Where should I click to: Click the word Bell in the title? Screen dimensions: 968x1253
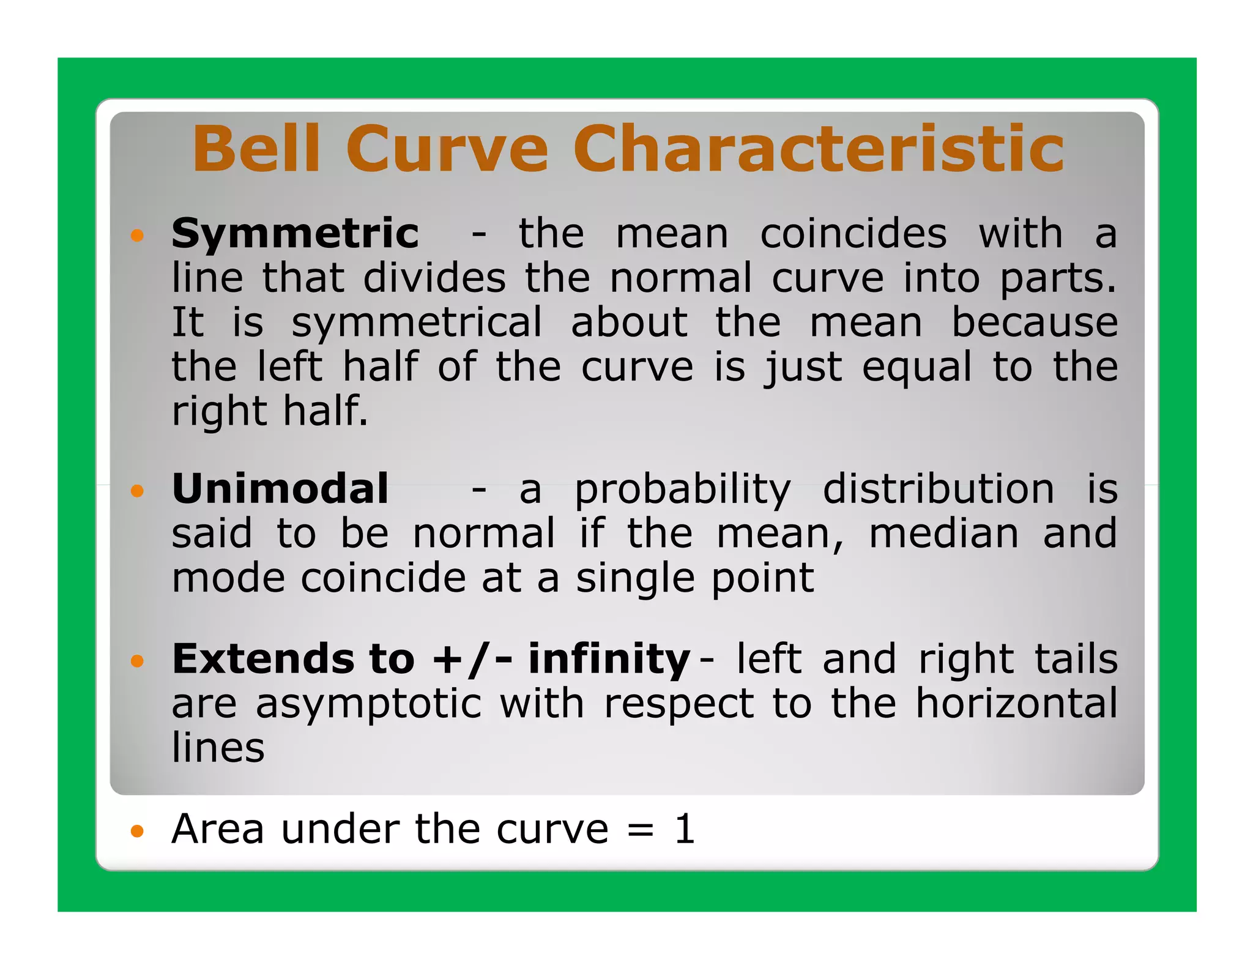[256, 149]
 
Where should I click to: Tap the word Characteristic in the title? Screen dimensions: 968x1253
[819, 149]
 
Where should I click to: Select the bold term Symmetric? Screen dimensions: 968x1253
[295, 234]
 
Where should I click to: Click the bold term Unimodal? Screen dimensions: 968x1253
[280, 489]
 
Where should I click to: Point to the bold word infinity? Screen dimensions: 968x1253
[609, 660]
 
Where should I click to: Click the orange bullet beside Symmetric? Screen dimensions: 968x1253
[137, 236]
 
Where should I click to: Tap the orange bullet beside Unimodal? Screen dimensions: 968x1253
[137, 491]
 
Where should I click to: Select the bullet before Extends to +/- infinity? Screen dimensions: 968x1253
[137, 661]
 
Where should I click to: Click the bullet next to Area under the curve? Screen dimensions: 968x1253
[137, 831]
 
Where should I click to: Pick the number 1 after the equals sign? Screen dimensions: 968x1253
[685, 830]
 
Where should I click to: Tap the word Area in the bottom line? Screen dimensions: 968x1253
[218, 830]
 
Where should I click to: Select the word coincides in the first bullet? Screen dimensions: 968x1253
[853, 234]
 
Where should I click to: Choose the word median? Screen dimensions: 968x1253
[943, 534]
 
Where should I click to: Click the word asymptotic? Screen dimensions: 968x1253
[368, 704]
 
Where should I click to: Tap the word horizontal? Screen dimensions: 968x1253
[1016, 703]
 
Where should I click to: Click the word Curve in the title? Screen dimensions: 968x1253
[447, 149]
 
